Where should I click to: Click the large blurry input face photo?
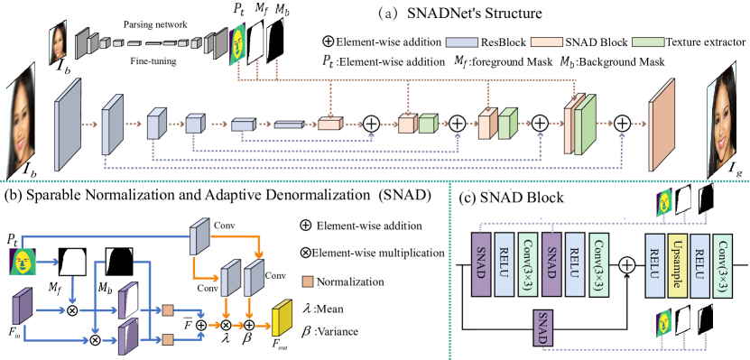(20, 118)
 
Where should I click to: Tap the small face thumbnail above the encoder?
(58, 43)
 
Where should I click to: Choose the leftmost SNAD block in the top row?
(481, 264)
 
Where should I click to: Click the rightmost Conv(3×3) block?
(722, 264)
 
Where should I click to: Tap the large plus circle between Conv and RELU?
(626, 265)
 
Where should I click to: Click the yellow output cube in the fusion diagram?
(283, 318)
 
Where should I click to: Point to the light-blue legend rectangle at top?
(461, 42)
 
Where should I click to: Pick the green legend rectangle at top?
(648, 42)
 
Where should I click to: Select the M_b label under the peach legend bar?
(566, 62)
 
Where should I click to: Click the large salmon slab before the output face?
(662, 125)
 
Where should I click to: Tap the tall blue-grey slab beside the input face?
(68, 125)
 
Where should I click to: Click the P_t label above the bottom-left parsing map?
(12, 239)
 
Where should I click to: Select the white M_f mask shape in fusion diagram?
(73, 263)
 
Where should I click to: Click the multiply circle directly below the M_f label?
(73, 310)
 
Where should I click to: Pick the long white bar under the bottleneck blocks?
(307, 136)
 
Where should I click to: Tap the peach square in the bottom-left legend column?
(307, 282)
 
